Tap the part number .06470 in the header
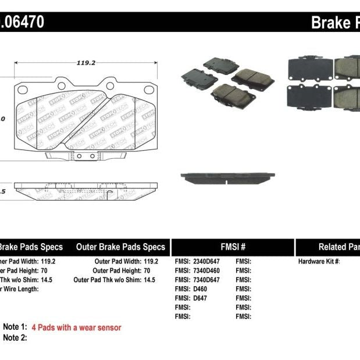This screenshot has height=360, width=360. pos(23,23)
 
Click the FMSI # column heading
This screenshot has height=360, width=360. pos(233,247)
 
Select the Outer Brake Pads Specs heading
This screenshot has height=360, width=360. pos(120,247)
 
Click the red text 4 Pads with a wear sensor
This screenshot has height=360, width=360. pos(76,327)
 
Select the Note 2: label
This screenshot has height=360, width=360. pos(15,338)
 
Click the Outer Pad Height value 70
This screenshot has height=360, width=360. pos(147,271)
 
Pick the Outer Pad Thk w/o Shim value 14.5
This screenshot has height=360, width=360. pos(149,280)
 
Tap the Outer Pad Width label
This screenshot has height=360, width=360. pos(117,262)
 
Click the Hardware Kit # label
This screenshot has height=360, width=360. pos(319,262)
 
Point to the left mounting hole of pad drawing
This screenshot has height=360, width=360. pos(23,90)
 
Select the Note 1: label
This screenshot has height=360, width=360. pos(15,327)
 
